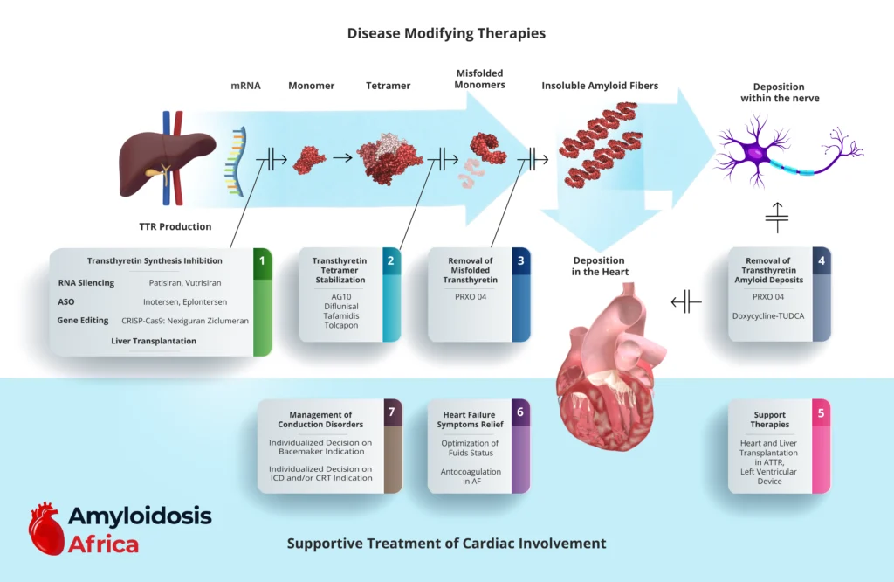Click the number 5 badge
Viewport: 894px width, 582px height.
pyautogui.click(x=820, y=412)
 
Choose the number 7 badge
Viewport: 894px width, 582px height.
pyautogui.click(x=392, y=412)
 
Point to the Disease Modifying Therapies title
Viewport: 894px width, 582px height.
pyautogui.click(x=446, y=33)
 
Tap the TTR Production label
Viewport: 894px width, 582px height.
pyautogui.click(x=175, y=226)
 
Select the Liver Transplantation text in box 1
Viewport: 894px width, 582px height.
pyautogui.click(x=153, y=341)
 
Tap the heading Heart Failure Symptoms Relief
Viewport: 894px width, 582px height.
pyautogui.click(x=469, y=419)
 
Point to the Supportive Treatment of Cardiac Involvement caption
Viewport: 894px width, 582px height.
pyautogui.click(x=446, y=544)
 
